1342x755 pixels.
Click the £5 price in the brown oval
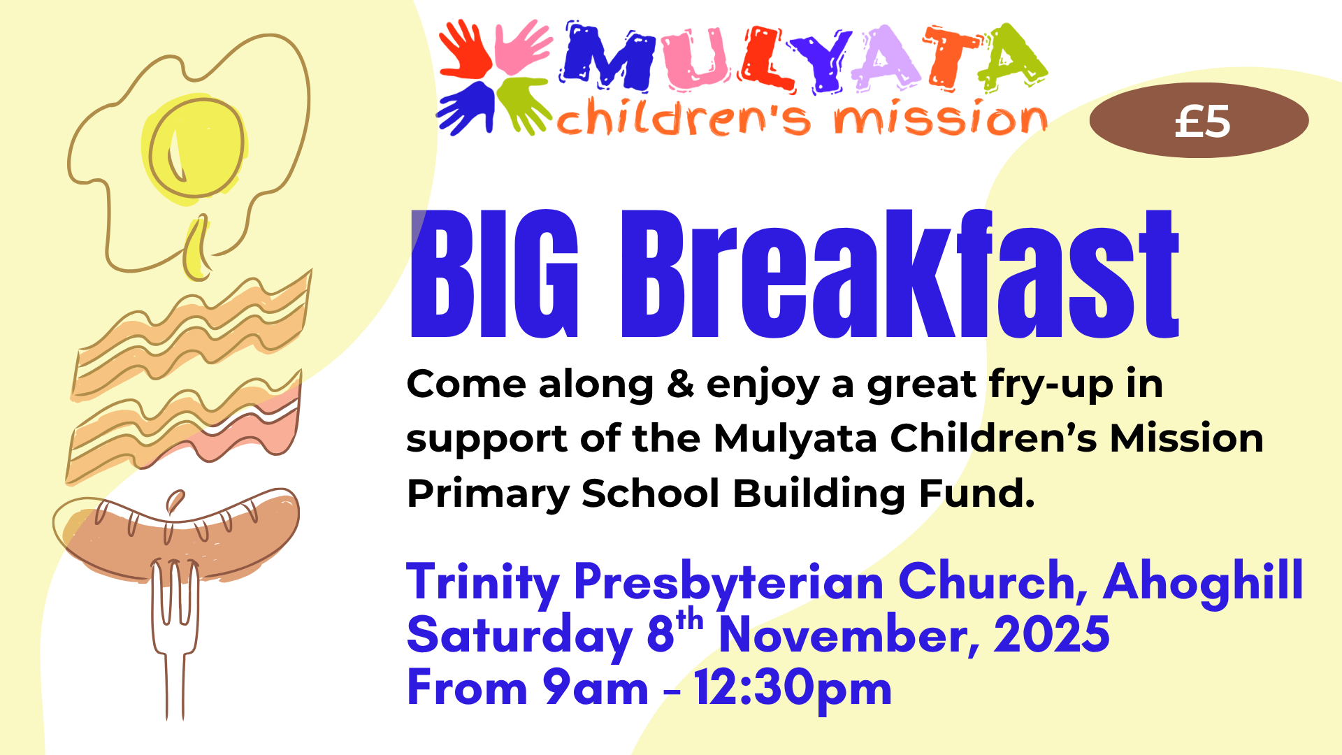[1202, 122]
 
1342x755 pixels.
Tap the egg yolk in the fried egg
[196, 148]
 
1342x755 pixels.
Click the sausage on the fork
[178, 535]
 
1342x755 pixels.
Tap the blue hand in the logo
[465, 108]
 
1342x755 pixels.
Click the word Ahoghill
[1203, 582]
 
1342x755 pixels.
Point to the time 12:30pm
[793, 689]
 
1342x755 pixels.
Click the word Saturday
[519, 636]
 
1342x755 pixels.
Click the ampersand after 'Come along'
[680, 384]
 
